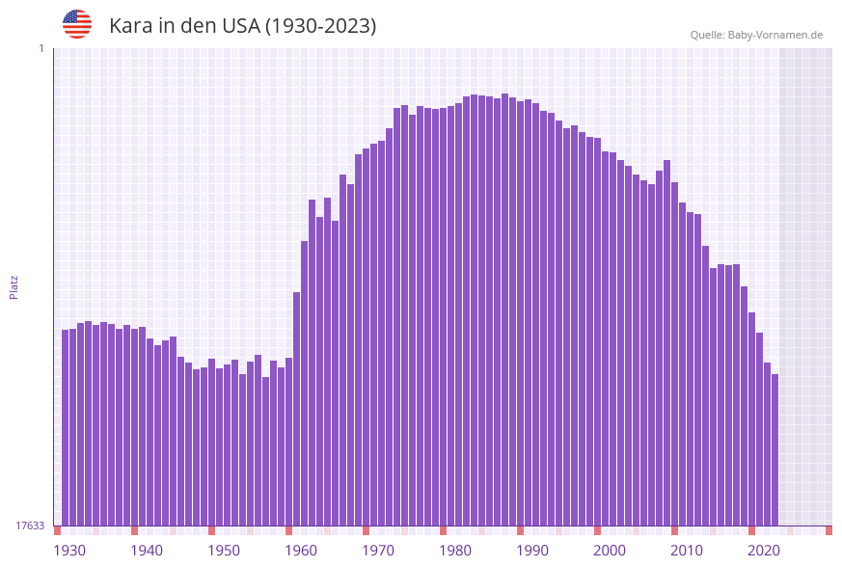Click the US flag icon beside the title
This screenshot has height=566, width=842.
tap(77, 24)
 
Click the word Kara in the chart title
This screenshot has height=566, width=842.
tap(131, 26)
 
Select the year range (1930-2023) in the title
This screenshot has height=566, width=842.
tap(321, 26)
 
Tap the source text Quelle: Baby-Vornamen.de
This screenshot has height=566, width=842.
tap(756, 35)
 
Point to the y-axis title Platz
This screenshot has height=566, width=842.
tap(14, 286)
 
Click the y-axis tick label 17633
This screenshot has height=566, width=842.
tap(30, 526)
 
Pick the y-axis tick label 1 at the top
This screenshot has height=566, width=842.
tap(41, 48)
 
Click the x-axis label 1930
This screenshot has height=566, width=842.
tap(68, 551)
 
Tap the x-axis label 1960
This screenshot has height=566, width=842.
tap(301, 551)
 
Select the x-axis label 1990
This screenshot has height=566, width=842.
tap(532, 551)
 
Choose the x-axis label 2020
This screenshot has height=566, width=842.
tap(764, 551)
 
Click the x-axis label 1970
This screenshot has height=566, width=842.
tap(378, 551)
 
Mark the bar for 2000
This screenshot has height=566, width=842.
tap(606, 337)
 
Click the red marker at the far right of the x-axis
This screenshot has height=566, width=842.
tap(828, 530)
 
